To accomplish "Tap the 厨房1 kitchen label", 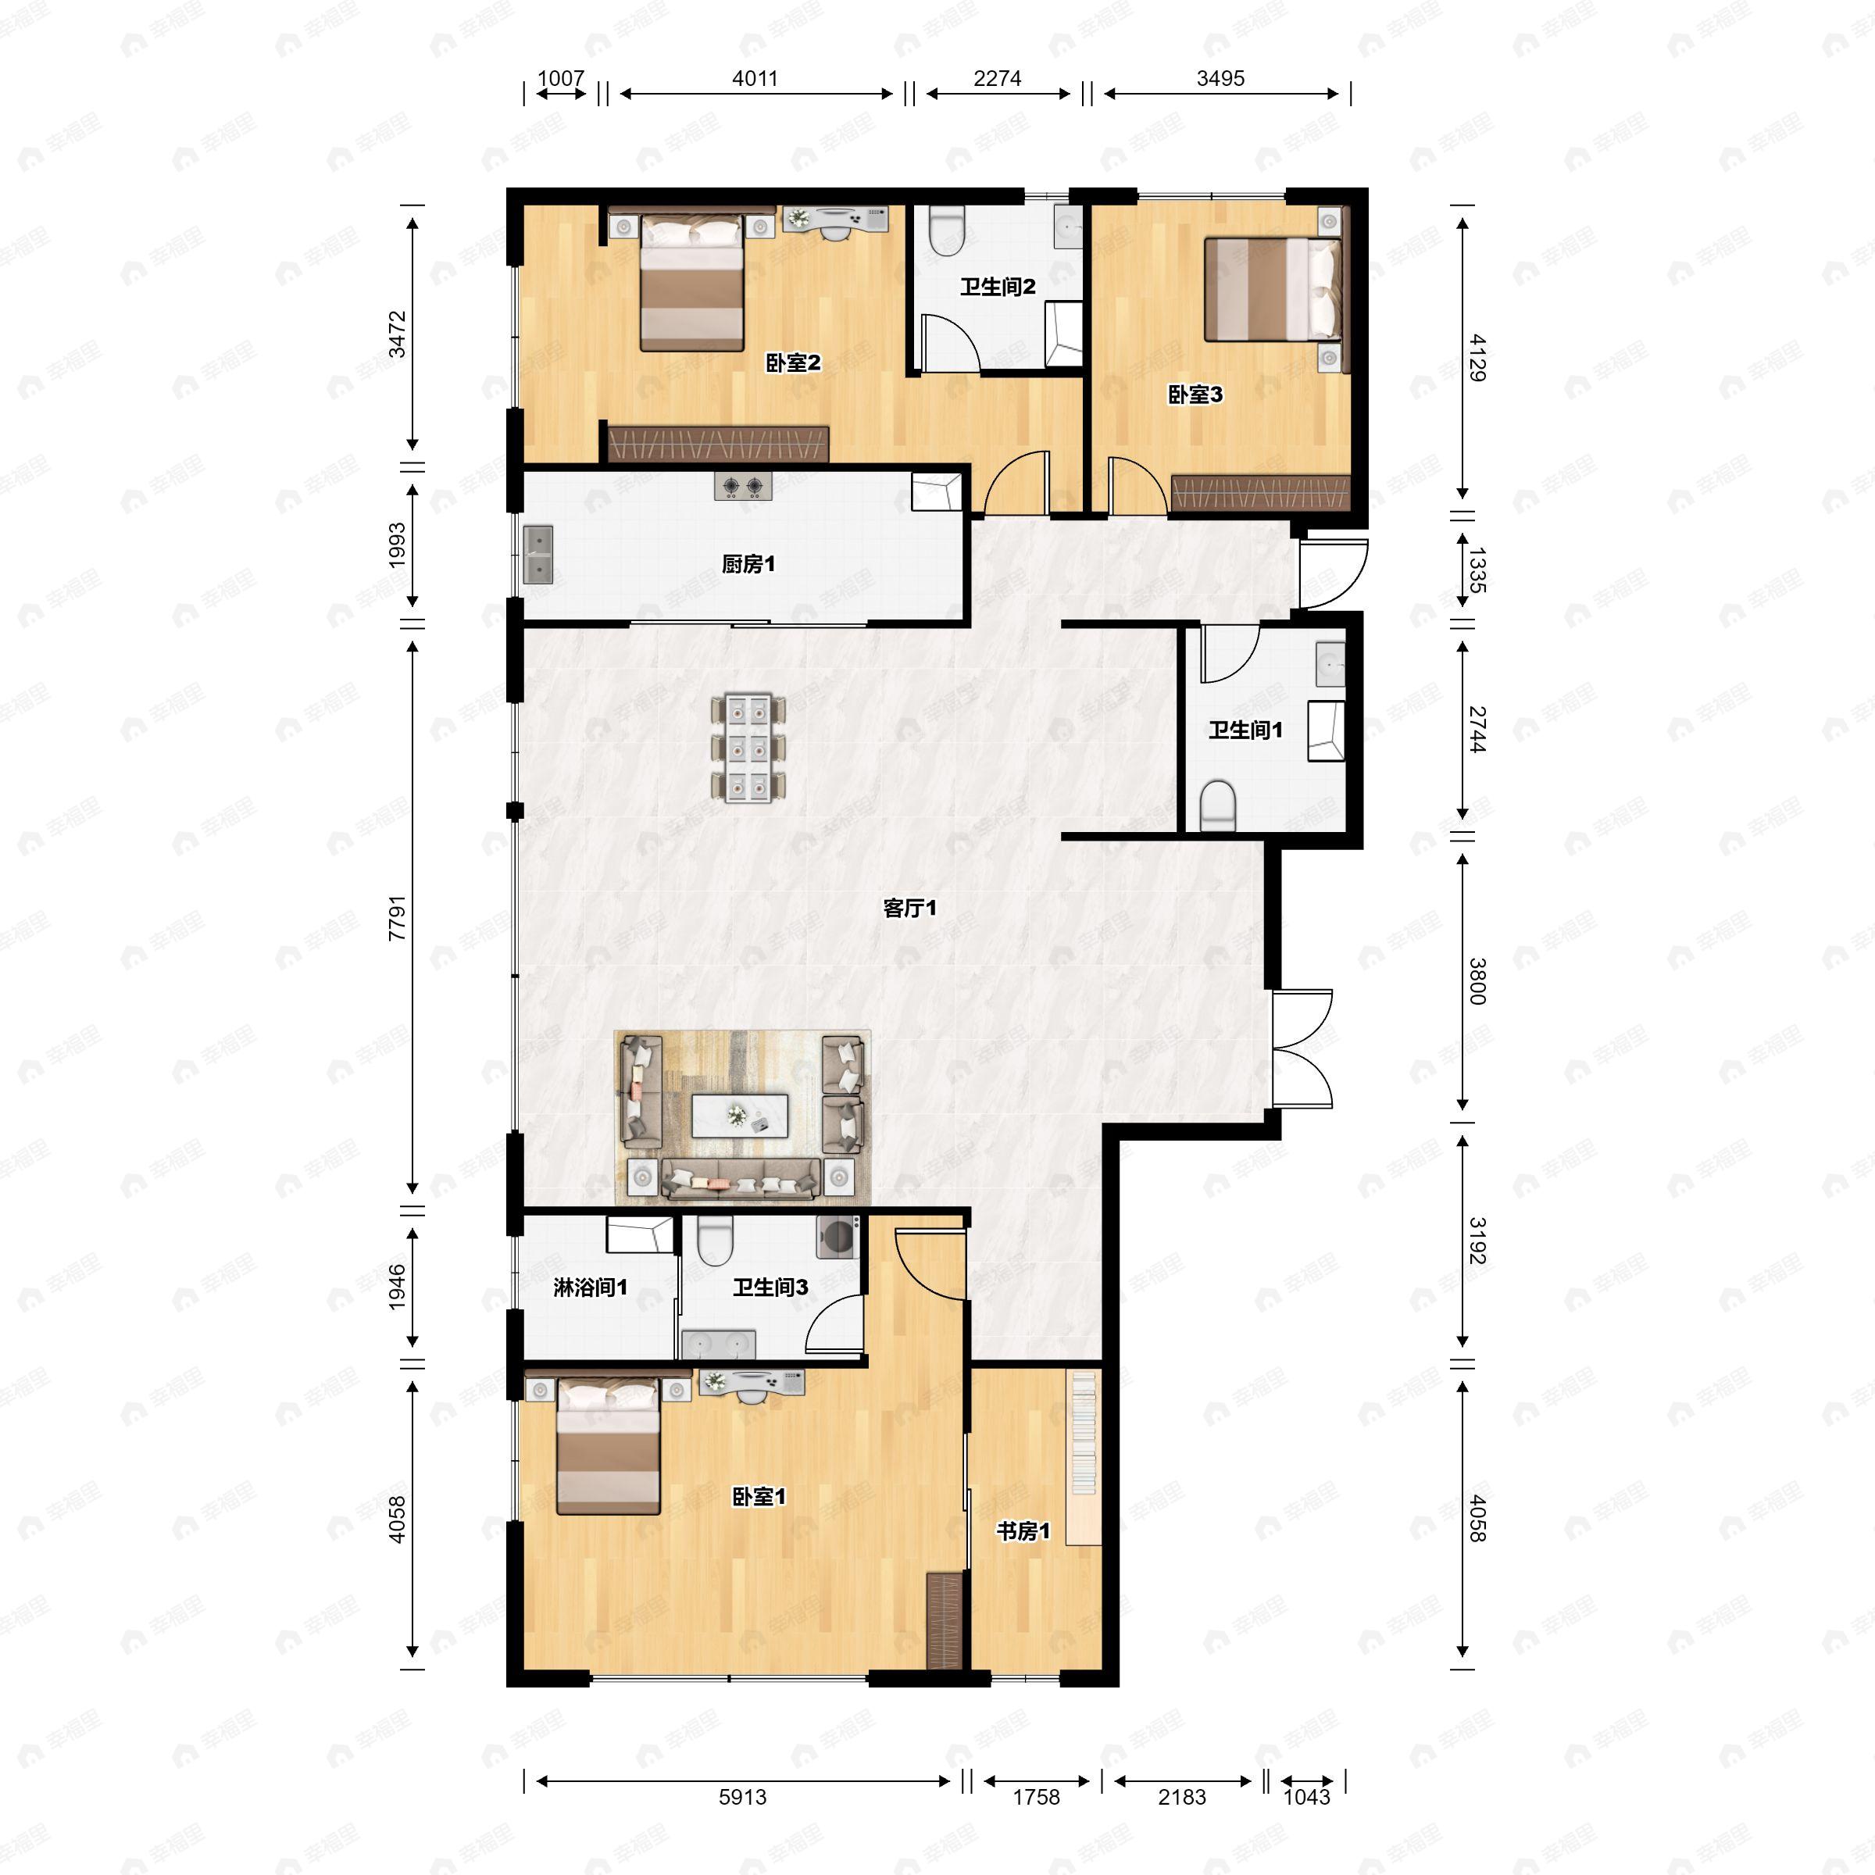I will [748, 564].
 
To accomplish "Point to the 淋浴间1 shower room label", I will [590, 1287].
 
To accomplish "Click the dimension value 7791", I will [396, 917].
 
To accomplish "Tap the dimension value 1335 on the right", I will [1476, 570].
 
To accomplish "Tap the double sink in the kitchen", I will [537, 555].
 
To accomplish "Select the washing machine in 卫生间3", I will [838, 1237].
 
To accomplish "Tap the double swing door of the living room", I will [1302, 1049].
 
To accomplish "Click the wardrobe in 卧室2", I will [717, 445].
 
